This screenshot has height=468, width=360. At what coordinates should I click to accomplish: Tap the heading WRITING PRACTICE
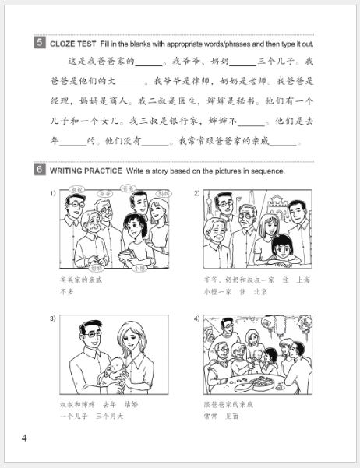click(x=86, y=171)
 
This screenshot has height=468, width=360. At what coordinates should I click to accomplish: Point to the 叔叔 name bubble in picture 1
click(x=76, y=189)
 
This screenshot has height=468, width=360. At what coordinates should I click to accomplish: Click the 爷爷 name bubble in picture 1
click(x=107, y=192)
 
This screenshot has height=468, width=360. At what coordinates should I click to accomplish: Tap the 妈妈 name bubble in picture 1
click(x=163, y=192)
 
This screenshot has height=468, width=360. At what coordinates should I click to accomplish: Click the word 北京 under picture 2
click(x=264, y=291)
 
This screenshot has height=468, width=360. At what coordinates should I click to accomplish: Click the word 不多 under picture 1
click(x=66, y=290)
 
